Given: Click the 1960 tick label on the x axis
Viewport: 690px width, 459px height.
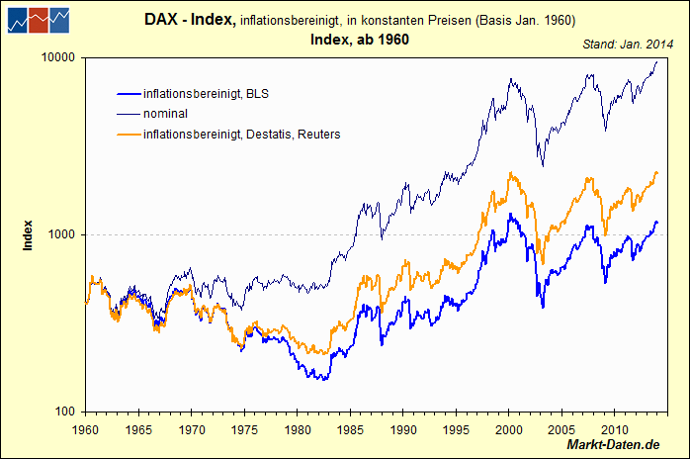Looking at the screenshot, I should [85, 430].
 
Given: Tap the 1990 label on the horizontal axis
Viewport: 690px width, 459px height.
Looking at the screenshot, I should [403, 430].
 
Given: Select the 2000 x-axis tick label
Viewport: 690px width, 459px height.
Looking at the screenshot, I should [509, 430].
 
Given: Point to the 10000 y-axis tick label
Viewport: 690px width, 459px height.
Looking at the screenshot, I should [58, 58].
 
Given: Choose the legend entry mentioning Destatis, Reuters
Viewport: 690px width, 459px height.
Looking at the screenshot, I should [241, 134].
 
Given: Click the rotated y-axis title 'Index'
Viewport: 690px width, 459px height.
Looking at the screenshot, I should [29, 234].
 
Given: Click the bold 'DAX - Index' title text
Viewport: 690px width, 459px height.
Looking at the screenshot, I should [190, 20].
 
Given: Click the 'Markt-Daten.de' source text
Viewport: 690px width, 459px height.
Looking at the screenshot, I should [614, 448].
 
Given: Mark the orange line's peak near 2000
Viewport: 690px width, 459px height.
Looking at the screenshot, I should [509, 173].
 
